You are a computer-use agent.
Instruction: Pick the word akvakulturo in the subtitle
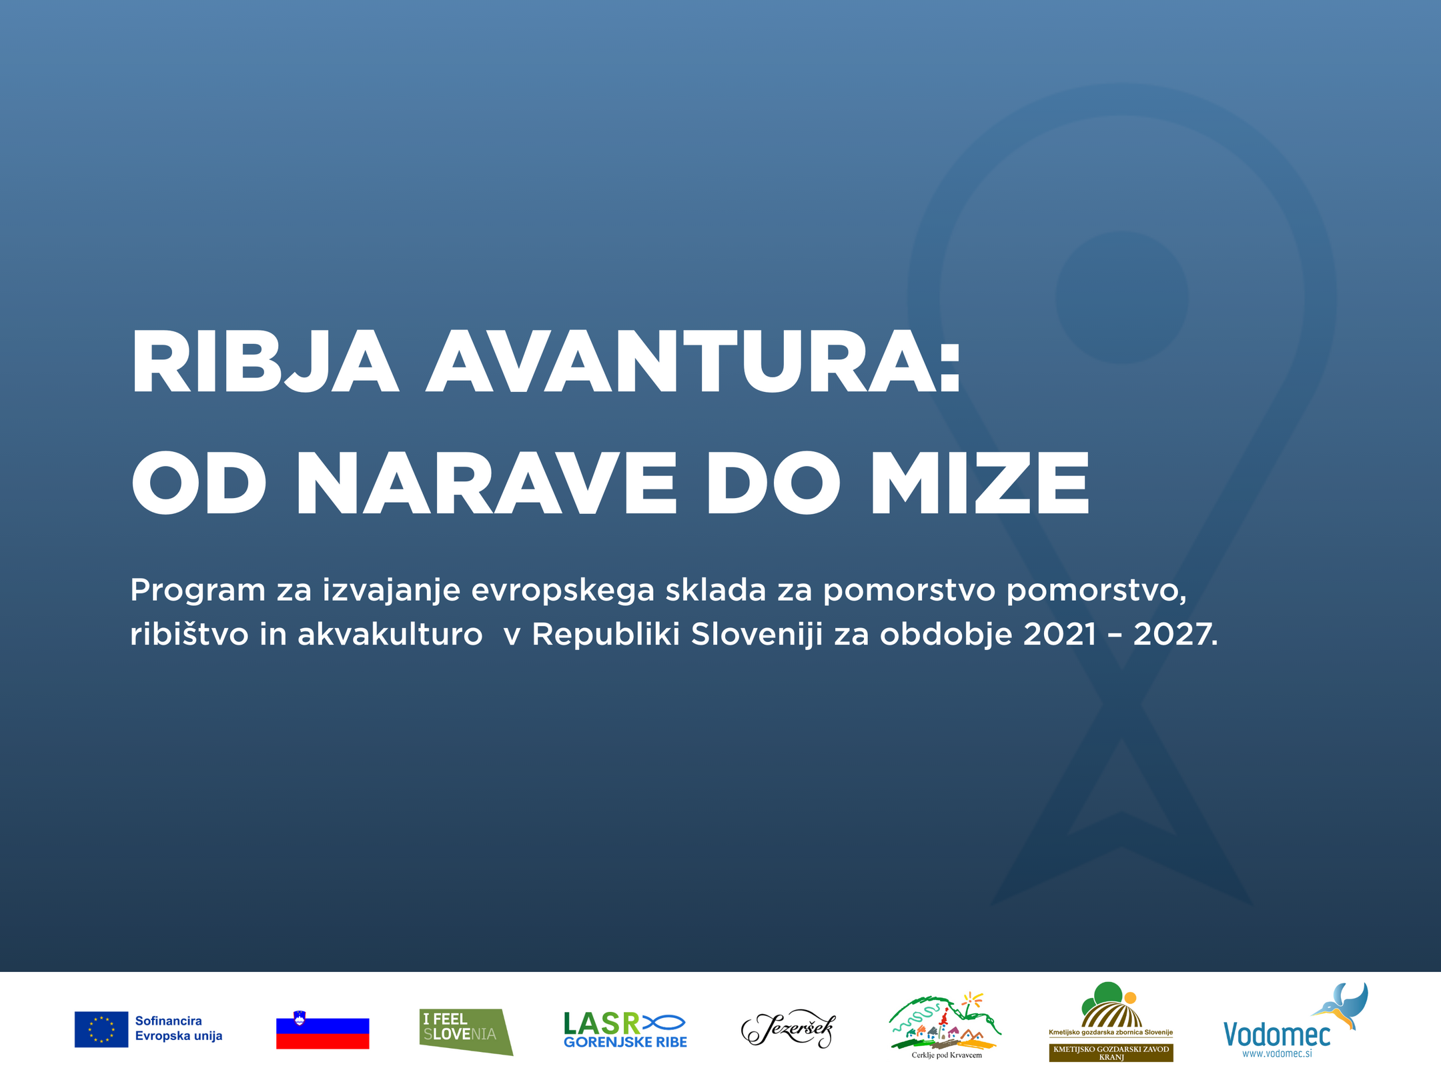point(390,634)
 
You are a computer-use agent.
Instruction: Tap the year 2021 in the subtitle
point(1060,634)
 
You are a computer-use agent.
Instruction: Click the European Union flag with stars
point(101,1029)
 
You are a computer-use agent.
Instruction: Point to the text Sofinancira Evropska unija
point(179,1028)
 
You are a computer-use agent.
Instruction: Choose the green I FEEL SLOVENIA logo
point(466,1032)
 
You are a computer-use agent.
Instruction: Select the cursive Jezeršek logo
point(788,1029)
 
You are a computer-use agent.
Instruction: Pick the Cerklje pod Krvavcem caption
point(947,1055)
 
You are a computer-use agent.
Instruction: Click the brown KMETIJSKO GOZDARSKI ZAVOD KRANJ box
point(1111,1053)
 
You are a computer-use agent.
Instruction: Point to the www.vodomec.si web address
point(1277,1054)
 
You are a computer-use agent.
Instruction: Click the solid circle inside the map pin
point(1121,297)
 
